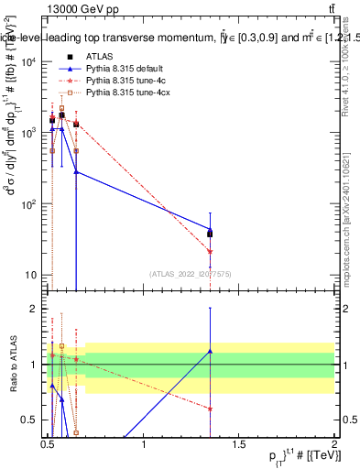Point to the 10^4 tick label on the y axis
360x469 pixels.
(x=29, y=61)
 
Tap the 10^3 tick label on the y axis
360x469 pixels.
(x=29, y=133)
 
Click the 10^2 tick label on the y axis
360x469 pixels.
(x=29, y=203)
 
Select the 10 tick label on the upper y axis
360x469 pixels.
(x=31, y=275)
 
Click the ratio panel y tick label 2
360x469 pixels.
(x=37, y=309)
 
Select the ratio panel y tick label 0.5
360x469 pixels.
(x=32, y=420)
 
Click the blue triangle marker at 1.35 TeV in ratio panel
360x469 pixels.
(x=210, y=351)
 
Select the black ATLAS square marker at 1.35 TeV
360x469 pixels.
(x=210, y=234)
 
